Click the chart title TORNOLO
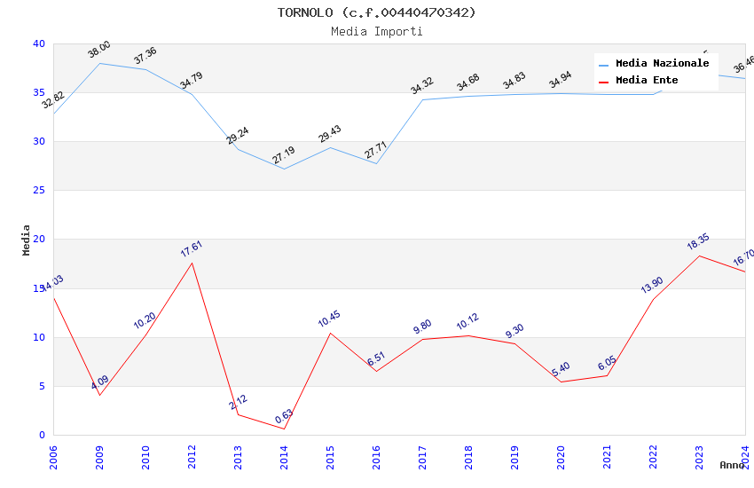(376, 12)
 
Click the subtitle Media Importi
(376, 31)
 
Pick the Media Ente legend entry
(647, 81)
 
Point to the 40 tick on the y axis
(38, 44)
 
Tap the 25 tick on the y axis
(38, 191)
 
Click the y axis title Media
(27, 240)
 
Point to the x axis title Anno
(732, 465)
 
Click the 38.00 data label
(99, 50)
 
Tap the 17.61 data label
(192, 248)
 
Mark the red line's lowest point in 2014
(284, 429)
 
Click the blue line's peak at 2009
(99, 63)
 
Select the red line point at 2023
(699, 256)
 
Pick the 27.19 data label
(284, 155)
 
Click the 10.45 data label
(329, 319)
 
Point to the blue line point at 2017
(422, 99)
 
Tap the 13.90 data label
(652, 285)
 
